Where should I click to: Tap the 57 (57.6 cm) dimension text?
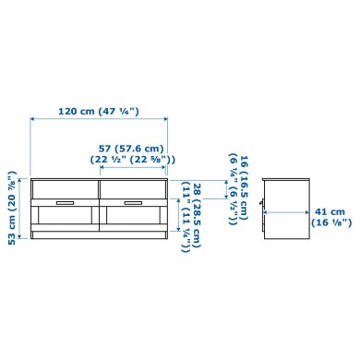click(x=131, y=148)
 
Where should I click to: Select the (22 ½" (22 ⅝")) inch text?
click(x=131, y=159)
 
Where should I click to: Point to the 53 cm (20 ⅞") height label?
click(x=12, y=205)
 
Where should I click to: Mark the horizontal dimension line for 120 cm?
click(x=100, y=120)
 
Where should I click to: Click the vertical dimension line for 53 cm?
click(x=24, y=206)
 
